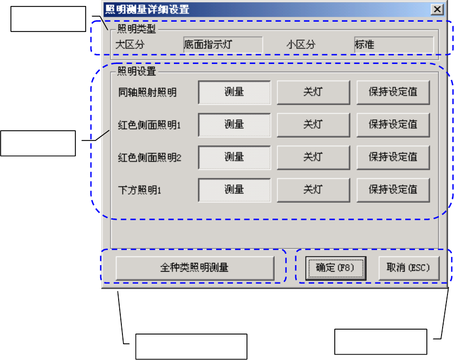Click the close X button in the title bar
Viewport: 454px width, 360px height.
436,9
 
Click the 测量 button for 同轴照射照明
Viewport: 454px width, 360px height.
234,92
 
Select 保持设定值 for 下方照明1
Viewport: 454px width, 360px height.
393,190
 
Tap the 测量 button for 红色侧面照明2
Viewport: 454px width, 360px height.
234,157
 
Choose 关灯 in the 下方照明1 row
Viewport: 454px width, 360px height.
313,190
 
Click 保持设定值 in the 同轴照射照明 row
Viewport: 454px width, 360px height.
393,92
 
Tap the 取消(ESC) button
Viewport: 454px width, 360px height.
408,268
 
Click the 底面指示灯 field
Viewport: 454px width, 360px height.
223,44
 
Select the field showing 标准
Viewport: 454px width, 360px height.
393,44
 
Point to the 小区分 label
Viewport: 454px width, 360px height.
301,44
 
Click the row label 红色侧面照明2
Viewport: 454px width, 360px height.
149,158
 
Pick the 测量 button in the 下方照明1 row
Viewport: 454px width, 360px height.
234,190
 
